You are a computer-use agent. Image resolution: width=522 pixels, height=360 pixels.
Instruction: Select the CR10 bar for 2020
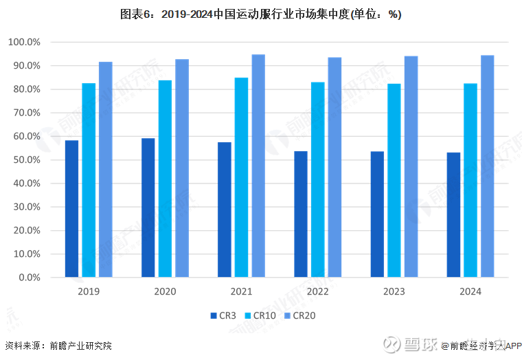(165, 179)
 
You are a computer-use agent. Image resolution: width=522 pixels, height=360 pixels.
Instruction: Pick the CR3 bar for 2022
(301, 214)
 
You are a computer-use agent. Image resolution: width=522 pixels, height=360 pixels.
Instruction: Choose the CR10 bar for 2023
(394, 181)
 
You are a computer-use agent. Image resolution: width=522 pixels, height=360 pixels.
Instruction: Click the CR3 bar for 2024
(453, 215)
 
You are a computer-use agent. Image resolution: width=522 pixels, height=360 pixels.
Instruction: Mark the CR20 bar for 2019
(105, 170)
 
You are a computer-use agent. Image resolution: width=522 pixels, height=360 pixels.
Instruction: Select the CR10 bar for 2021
(242, 177)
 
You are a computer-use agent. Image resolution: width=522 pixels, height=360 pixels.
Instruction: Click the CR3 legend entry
(223, 315)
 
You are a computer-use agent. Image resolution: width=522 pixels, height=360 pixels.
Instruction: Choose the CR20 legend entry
(299, 315)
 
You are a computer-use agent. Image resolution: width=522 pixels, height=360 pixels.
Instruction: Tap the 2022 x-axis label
(317, 291)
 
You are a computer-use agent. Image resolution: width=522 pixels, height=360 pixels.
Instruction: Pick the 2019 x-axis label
(89, 291)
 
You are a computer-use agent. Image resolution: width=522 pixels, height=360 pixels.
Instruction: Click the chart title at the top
(261, 14)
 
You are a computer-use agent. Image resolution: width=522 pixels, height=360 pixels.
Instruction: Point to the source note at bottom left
(58, 346)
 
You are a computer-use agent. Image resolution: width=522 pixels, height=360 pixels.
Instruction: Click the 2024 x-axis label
(470, 291)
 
